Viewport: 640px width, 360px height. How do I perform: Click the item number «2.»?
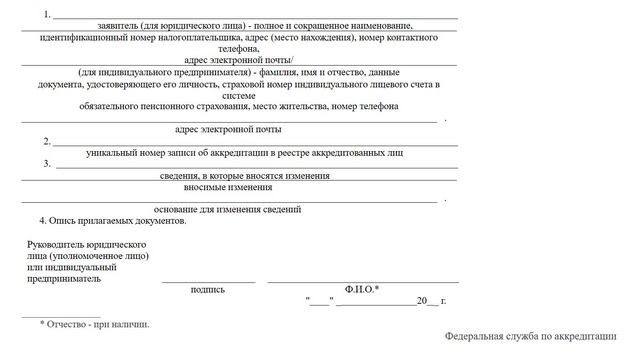pyautogui.click(x=46, y=141)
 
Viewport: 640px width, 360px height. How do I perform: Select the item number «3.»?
pyautogui.click(x=46, y=163)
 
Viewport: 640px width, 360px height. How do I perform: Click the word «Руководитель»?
pyautogui.click(x=58, y=245)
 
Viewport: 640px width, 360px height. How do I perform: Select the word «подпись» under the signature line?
pyautogui.click(x=207, y=289)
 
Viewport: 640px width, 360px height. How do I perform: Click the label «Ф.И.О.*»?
pyautogui.click(x=362, y=289)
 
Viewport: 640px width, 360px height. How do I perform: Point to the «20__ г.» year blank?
pyautogui.click(x=430, y=301)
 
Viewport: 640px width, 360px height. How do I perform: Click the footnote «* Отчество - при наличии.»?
pyautogui.click(x=94, y=325)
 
